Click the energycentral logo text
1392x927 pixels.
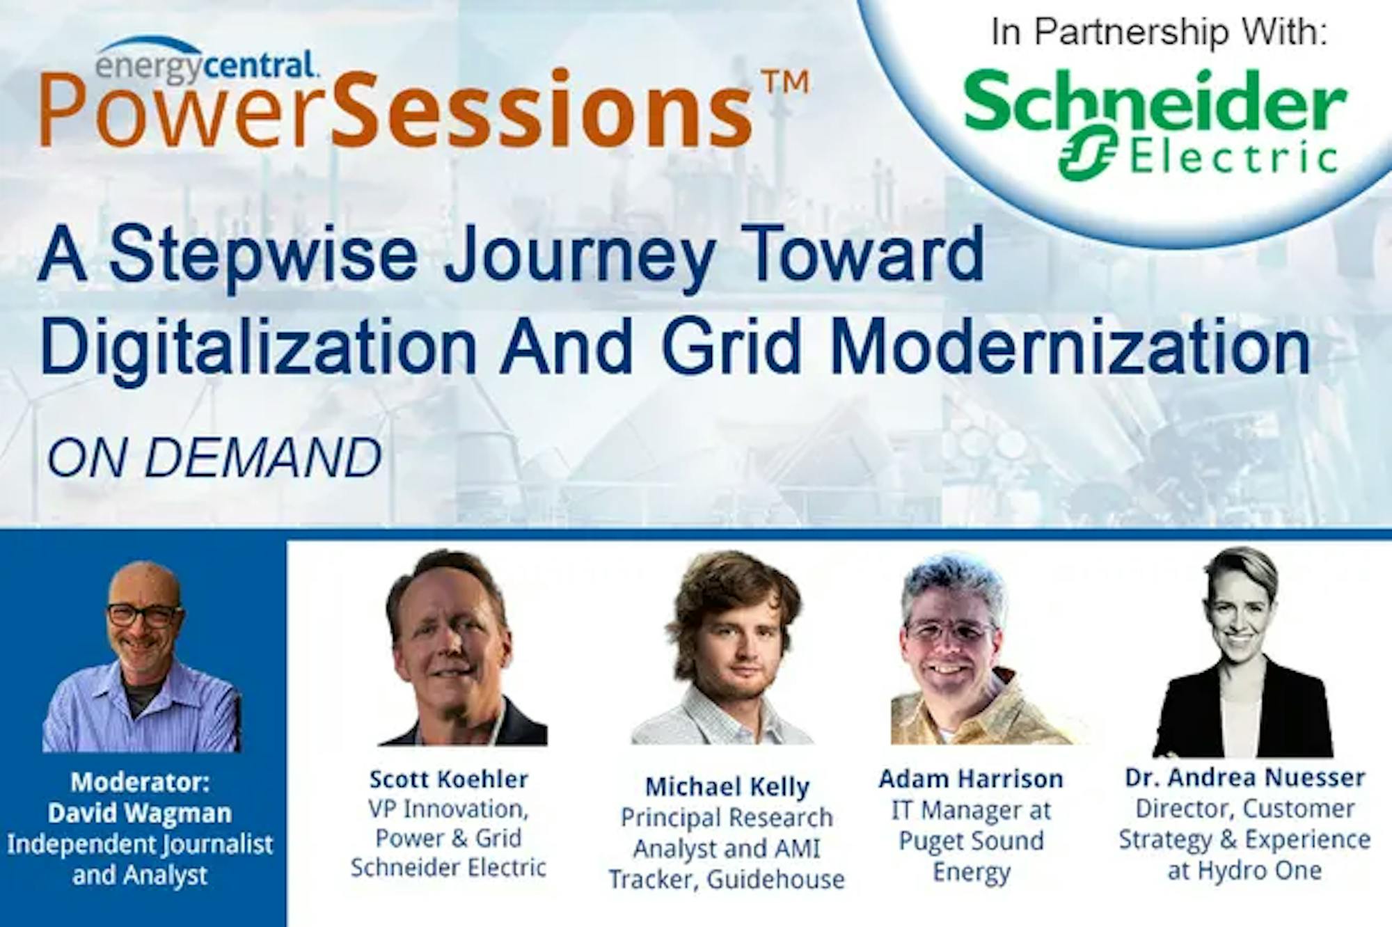[207, 65]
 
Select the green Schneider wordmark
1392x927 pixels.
[1155, 104]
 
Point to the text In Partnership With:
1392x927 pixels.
[1160, 33]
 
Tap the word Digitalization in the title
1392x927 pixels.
[258, 347]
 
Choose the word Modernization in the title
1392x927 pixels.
[1070, 345]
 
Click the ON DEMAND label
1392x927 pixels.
[215, 458]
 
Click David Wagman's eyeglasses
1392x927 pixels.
[143, 615]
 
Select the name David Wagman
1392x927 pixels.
[140, 813]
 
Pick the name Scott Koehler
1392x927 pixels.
[449, 779]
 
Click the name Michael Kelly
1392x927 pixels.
[727, 786]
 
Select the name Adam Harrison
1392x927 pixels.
[971, 779]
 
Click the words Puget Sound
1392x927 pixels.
[971, 841]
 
